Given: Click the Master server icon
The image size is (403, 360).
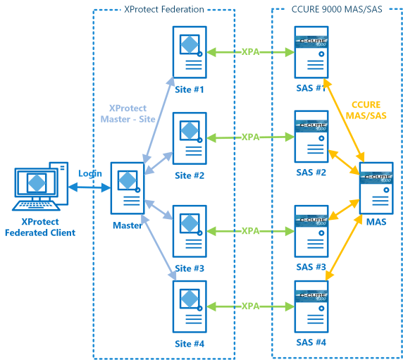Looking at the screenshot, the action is coord(128,188).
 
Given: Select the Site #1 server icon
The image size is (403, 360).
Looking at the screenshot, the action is coord(190,52).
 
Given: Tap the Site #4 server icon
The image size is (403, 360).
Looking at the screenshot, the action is coord(190,306).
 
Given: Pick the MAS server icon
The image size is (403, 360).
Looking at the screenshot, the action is coord(376,188).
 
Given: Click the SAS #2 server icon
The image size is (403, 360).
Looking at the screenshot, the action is coord(311,137).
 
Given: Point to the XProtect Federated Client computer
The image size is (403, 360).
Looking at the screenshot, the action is coord(40,186).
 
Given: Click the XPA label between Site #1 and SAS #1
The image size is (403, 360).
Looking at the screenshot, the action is coord(251,52).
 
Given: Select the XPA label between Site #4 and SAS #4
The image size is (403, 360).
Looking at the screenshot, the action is coord(251,306).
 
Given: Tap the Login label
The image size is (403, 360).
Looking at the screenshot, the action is coord(90,174).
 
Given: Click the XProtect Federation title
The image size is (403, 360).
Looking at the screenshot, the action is coord(164,9).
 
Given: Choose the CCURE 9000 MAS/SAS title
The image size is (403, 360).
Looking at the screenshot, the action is coord(337,9).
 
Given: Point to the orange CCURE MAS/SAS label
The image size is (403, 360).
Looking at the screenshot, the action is coord(366,110).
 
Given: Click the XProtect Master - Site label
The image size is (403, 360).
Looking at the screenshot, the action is coord(128,113).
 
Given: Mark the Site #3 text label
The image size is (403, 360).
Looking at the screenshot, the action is coord(190,268).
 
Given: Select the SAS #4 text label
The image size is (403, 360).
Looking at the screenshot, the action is coord(311,342).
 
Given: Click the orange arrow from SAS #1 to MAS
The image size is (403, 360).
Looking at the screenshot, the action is coord(344,120).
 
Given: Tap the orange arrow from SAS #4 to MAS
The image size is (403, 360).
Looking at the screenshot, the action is coord(342,247).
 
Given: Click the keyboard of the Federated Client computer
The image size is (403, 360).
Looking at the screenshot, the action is coord(36,206).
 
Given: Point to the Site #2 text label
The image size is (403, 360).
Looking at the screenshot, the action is coord(190,175).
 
